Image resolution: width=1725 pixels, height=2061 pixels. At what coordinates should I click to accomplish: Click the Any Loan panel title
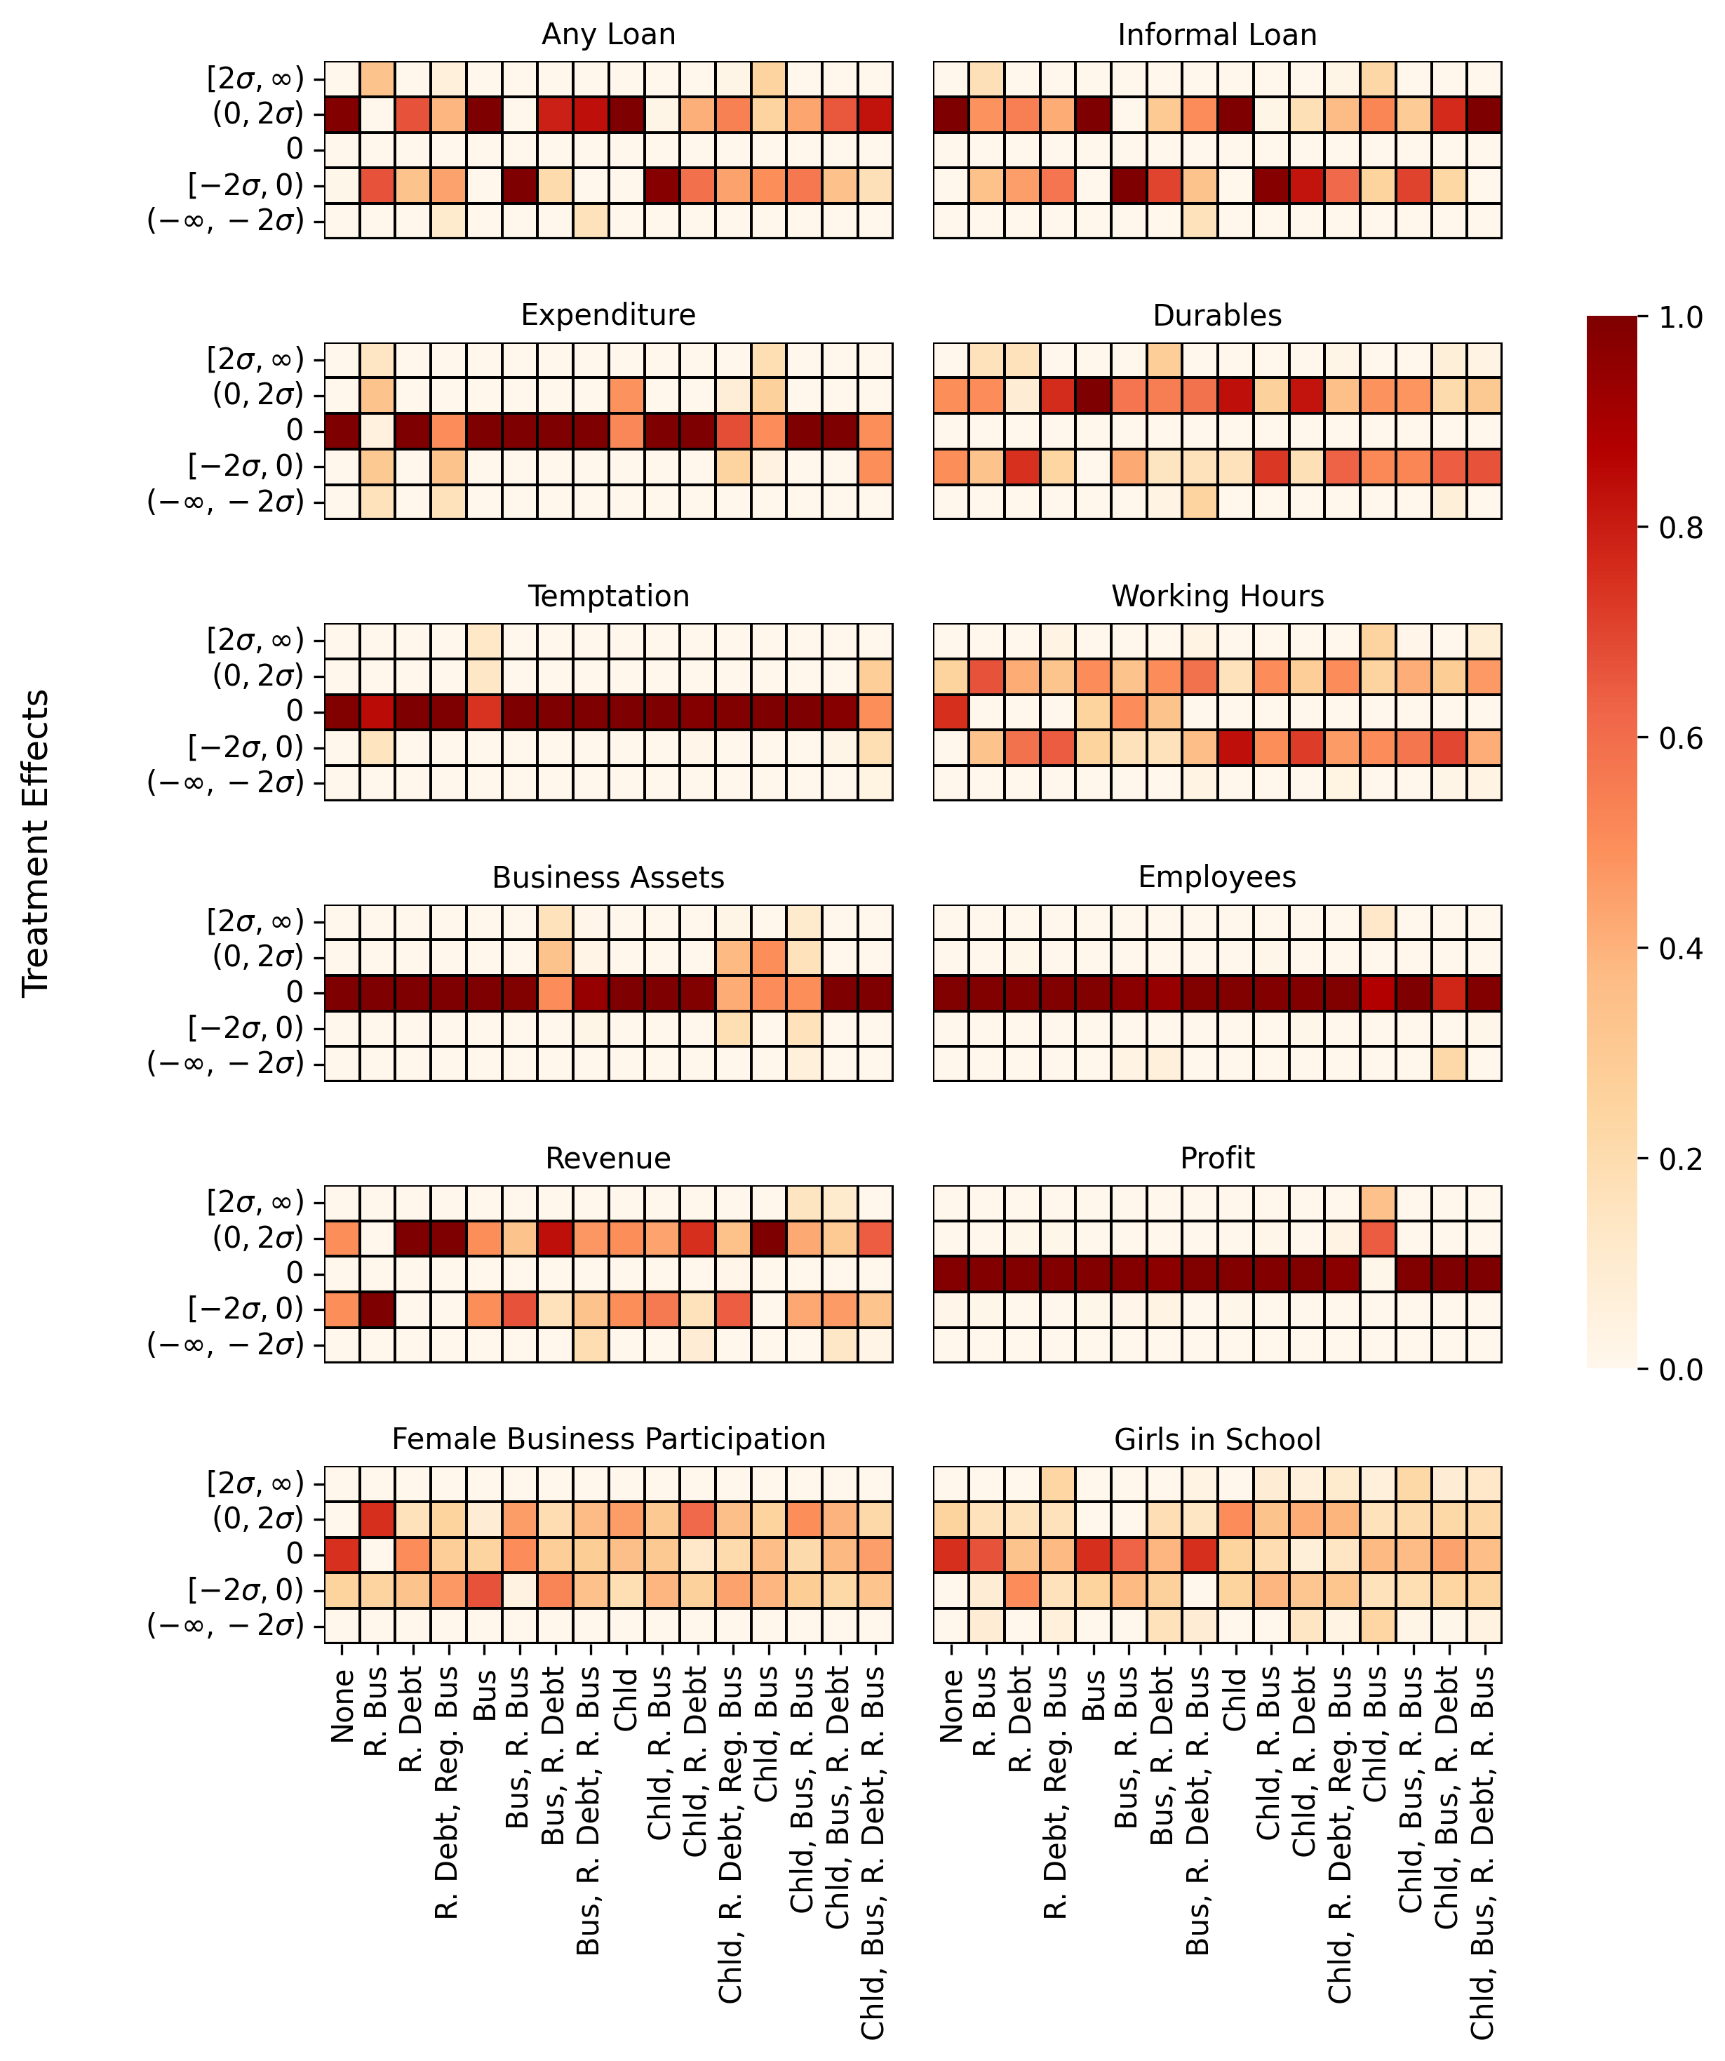[x=608, y=34]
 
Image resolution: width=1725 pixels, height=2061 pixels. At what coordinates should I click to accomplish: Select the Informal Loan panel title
[x=1216, y=34]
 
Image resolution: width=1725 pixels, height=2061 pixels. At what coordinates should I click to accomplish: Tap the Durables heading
[x=1216, y=315]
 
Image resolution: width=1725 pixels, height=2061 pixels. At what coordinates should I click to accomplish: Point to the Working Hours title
[x=1216, y=596]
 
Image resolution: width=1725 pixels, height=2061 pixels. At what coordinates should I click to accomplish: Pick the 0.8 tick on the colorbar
[x=1679, y=528]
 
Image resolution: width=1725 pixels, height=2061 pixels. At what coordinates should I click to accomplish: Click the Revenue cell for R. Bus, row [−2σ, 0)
[x=378, y=1309]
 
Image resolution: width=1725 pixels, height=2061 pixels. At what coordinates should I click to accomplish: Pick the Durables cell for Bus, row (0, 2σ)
[x=1093, y=394]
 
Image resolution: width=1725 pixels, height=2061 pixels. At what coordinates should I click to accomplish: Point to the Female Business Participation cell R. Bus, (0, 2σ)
[x=378, y=1519]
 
